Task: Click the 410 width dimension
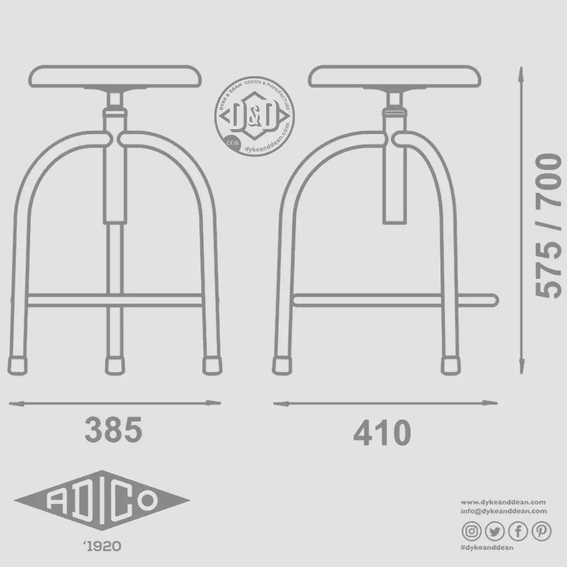(382, 433)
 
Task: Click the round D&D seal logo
(255, 116)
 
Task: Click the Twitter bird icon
(495, 531)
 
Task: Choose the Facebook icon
(517, 531)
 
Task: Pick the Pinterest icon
(541, 531)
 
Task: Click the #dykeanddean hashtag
(488, 548)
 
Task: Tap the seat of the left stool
(118, 77)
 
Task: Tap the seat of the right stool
(396, 77)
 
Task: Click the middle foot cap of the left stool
(114, 365)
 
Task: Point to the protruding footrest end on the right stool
(491, 300)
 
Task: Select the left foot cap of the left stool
(20, 365)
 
